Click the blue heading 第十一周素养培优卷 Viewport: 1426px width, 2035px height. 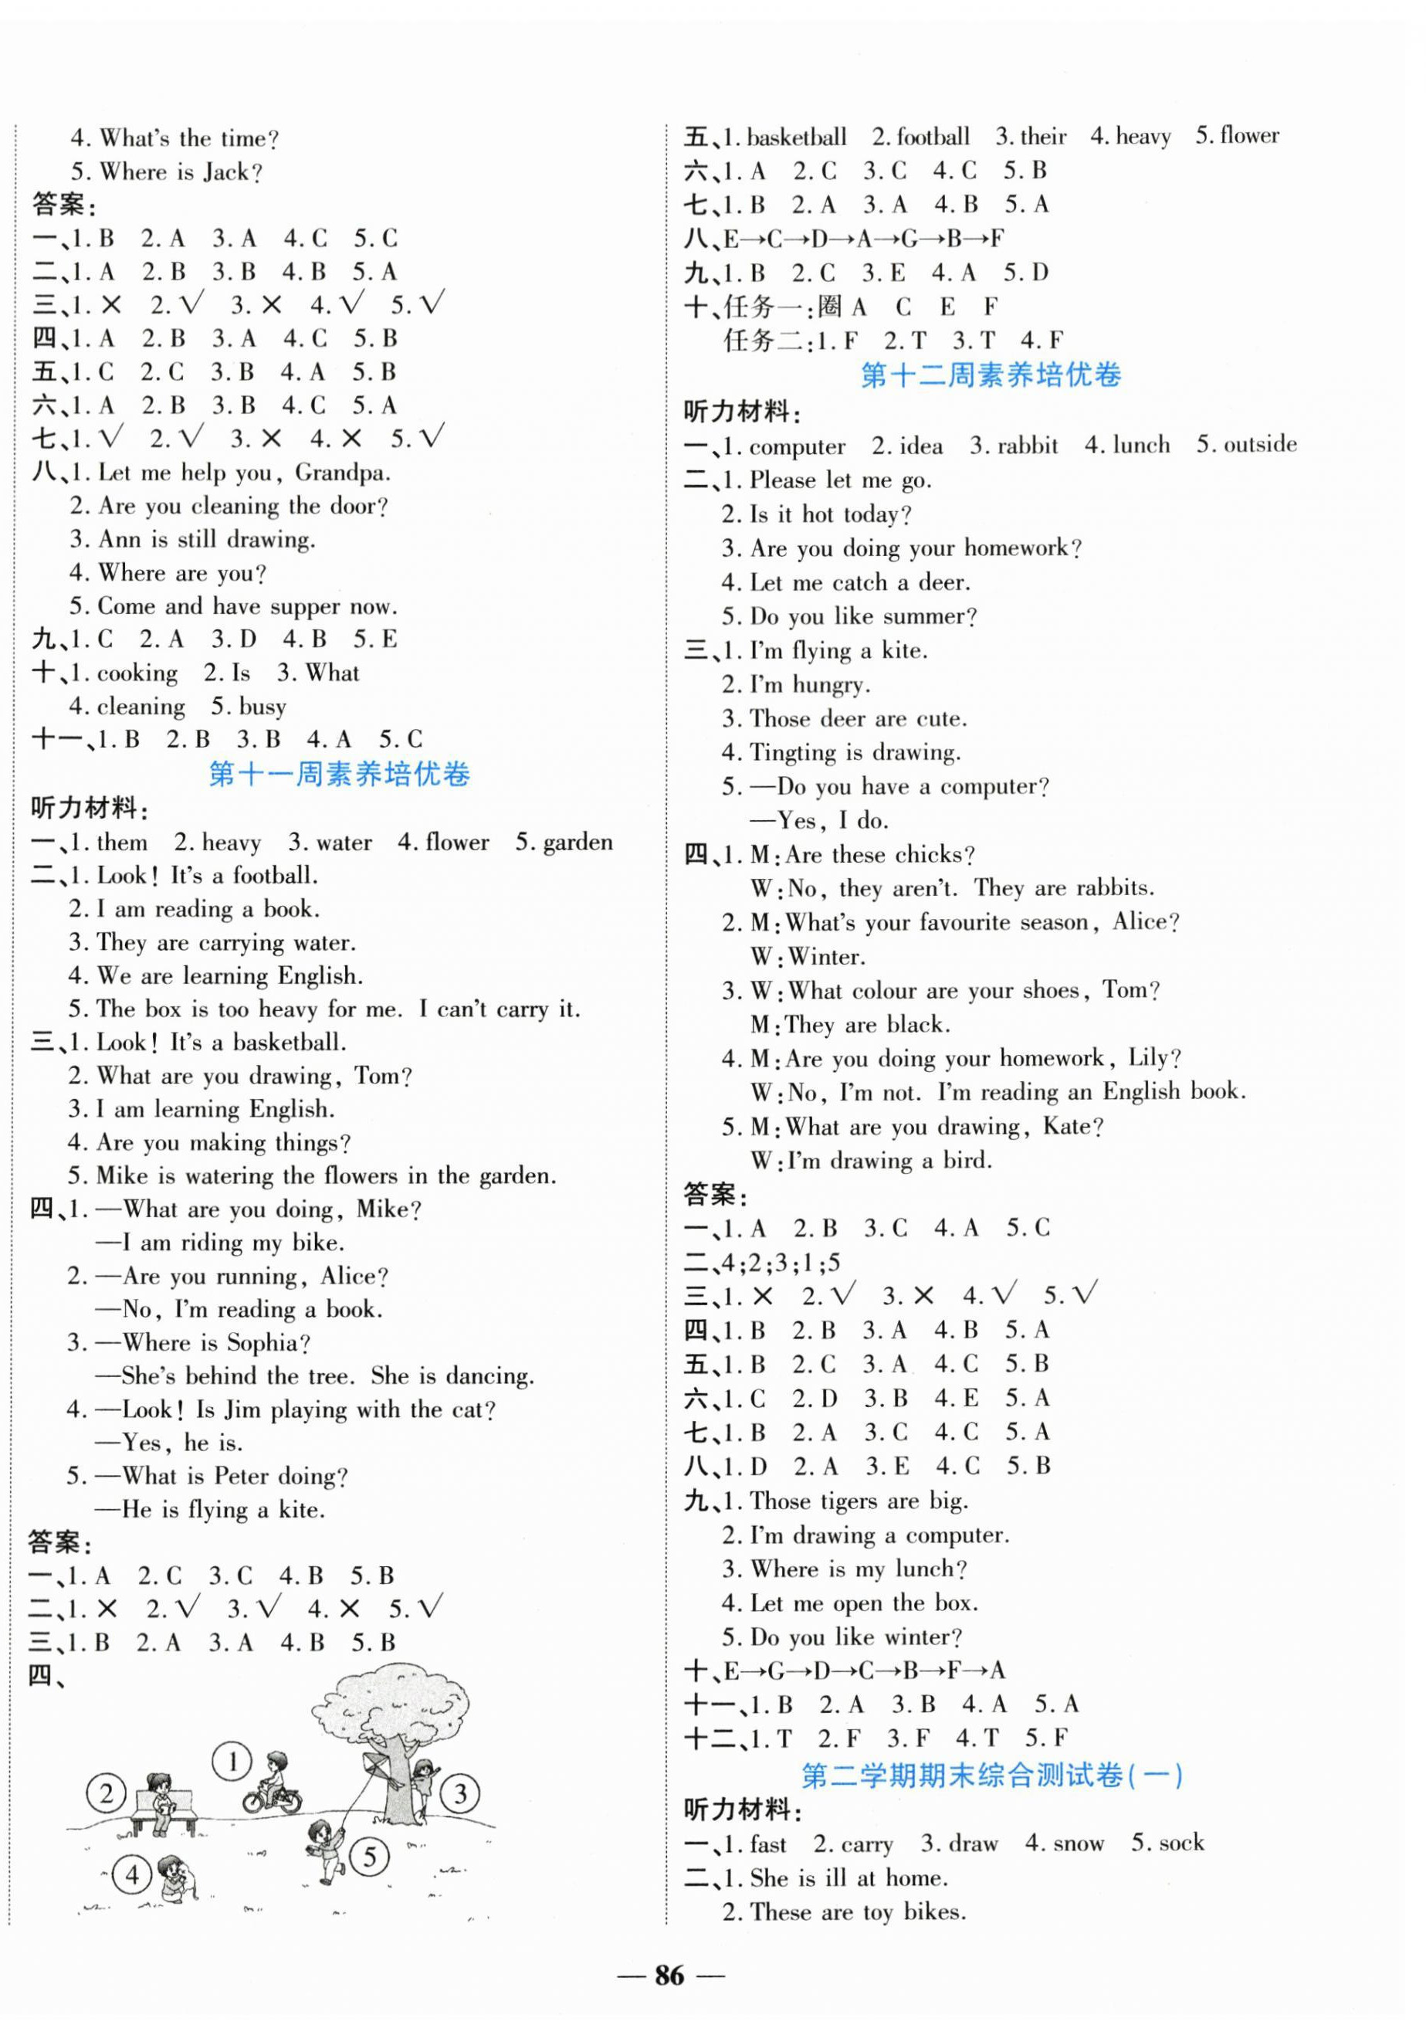point(339,774)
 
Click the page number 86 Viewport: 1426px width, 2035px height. point(670,1976)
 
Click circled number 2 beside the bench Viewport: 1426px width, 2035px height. point(107,1794)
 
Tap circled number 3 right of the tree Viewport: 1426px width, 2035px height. point(460,1794)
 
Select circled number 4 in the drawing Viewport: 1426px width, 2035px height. point(133,1874)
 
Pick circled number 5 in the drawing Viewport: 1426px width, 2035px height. point(370,1856)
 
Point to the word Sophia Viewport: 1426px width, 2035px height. point(268,1343)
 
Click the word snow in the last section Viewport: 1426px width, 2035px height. point(1076,1843)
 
